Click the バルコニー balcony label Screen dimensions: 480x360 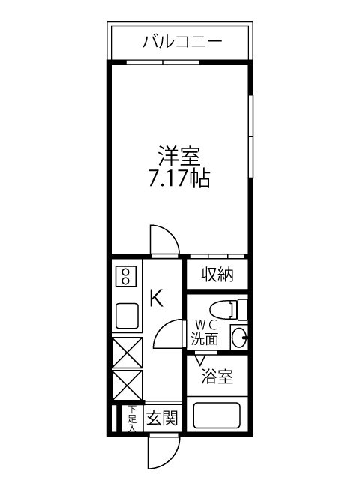point(182,42)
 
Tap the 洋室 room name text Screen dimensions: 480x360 point(178,160)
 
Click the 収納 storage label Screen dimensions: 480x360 point(217,275)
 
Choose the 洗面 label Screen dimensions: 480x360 point(204,338)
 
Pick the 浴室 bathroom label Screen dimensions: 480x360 point(217,377)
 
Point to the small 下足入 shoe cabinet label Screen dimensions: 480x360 point(131,418)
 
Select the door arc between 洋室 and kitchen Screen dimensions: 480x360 point(164,240)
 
